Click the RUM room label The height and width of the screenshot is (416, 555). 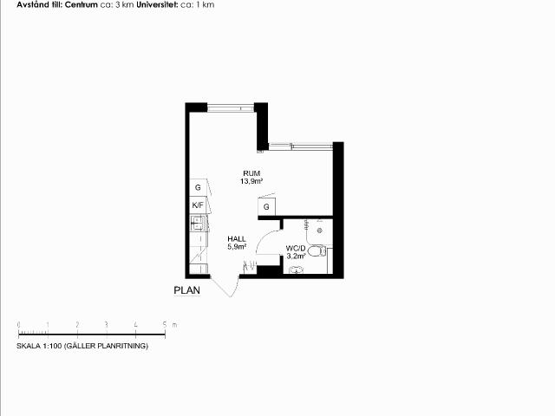tap(251, 173)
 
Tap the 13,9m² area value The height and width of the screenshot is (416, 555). tap(251, 181)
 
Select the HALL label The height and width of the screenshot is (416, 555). tap(237, 239)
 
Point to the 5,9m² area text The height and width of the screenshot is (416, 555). tap(237, 247)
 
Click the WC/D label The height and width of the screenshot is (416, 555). tap(296, 249)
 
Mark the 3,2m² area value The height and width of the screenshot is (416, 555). tap(296, 257)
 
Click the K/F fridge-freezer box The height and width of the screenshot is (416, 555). tap(199, 205)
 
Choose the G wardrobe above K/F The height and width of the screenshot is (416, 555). tap(199, 187)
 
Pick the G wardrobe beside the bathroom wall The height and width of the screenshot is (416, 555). tap(266, 207)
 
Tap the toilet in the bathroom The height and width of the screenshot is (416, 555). tap(317, 251)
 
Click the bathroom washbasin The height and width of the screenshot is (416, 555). tap(296, 270)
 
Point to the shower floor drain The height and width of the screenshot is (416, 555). tap(320, 231)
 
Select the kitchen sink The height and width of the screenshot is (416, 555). tap(197, 223)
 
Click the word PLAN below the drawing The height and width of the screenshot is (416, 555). tap(187, 290)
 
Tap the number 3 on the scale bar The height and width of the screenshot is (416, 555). tap(106, 325)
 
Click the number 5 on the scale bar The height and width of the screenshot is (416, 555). tap(165, 325)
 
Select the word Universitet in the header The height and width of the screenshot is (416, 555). tap(157, 4)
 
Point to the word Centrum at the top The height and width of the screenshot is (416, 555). tap(81, 4)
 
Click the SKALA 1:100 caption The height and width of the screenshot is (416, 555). tap(82, 346)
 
